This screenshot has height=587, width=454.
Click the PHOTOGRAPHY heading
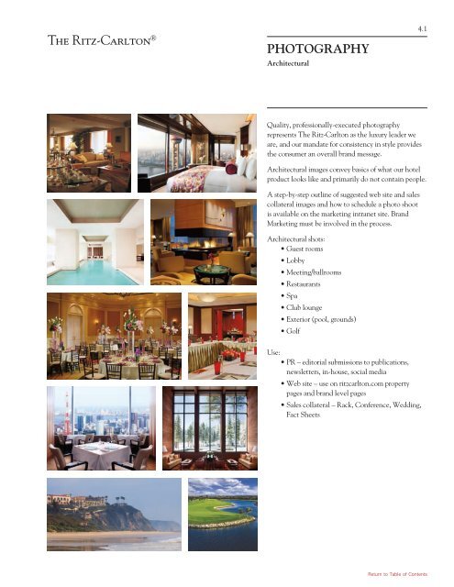(x=317, y=48)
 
